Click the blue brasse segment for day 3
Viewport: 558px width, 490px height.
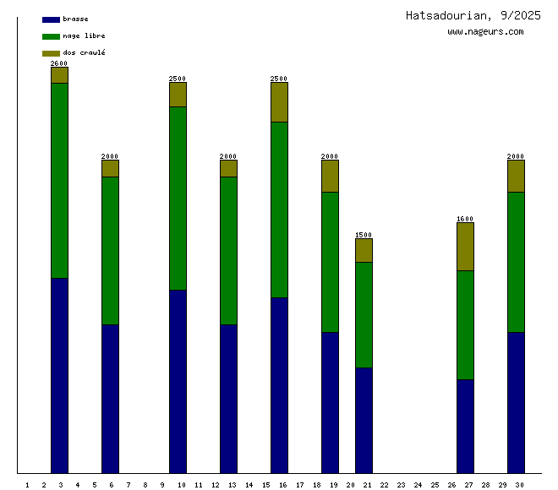click(59, 375)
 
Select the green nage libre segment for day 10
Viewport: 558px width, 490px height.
click(178, 198)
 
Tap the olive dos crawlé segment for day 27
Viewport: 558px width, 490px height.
click(465, 246)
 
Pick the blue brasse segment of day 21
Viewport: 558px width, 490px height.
click(364, 420)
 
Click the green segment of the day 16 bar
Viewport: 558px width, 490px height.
click(279, 210)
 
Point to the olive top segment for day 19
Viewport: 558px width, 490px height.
click(330, 176)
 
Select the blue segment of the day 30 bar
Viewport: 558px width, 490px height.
click(516, 402)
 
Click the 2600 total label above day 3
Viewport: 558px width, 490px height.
click(59, 63)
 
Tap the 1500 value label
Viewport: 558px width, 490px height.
click(364, 235)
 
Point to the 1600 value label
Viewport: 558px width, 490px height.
click(465, 219)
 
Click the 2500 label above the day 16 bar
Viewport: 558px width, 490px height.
click(279, 79)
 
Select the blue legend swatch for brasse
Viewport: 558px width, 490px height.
click(51, 19)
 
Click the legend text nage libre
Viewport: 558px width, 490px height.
click(85, 35)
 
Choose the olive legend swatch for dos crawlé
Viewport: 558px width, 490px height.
click(51, 53)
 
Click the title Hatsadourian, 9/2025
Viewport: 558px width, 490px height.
click(473, 15)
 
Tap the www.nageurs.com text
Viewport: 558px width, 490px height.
click(485, 32)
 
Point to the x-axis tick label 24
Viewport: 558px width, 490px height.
click(418, 485)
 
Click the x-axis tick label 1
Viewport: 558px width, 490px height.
click(28, 485)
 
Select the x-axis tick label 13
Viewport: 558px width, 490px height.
click(232, 485)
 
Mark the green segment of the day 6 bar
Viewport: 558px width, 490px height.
click(110, 250)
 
